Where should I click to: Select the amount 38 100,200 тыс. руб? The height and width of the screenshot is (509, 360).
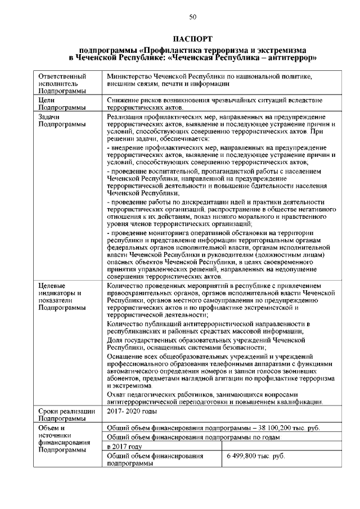(x=289, y=429)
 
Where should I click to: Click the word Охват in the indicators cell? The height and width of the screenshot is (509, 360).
(x=117, y=395)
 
